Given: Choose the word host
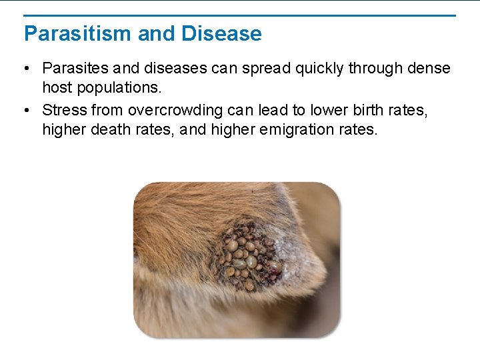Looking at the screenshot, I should point(56,87).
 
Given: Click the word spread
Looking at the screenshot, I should point(263,69).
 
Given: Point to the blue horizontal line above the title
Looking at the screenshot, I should point(240,15).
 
